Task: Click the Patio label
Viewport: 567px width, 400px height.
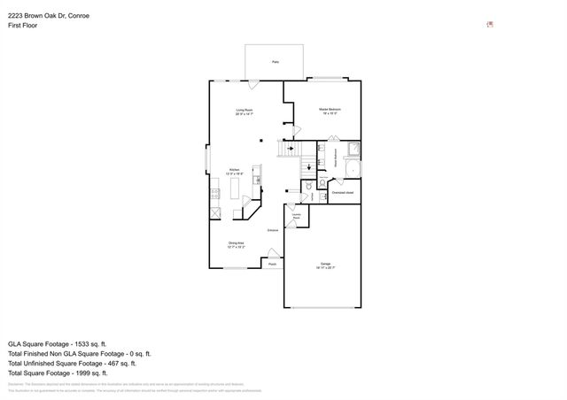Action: (x=276, y=63)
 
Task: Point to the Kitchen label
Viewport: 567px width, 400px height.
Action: (x=235, y=171)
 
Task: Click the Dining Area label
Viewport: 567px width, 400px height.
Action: (x=237, y=244)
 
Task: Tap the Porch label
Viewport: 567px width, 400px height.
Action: (x=273, y=264)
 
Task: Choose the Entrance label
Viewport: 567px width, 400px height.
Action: (x=274, y=230)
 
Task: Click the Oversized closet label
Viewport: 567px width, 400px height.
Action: (x=343, y=192)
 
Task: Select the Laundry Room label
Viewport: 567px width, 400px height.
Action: (x=296, y=215)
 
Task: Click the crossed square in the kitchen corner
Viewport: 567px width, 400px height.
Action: (x=215, y=213)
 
